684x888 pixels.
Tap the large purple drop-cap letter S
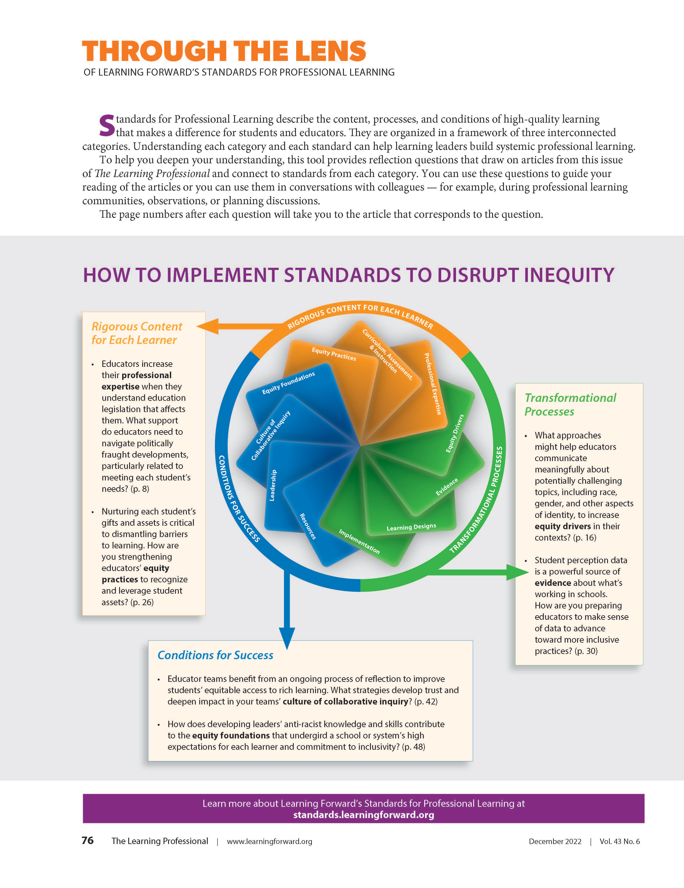(107, 126)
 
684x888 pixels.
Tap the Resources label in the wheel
(308, 526)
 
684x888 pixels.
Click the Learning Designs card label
(411, 527)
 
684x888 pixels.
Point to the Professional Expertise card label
(433, 384)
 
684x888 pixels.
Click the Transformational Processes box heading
(570, 404)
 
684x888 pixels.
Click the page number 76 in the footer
(87, 840)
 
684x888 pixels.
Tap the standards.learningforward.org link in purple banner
(363, 815)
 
